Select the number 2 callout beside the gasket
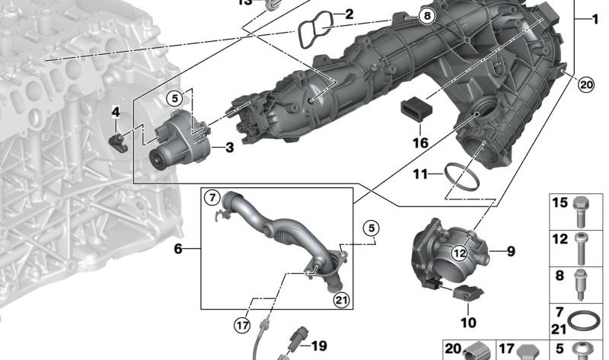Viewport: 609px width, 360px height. (349, 14)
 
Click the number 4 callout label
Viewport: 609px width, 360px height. (116, 113)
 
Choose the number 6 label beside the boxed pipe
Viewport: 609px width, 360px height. (178, 248)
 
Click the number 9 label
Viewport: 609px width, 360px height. (511, 250)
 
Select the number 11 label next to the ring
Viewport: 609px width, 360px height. (421, 174)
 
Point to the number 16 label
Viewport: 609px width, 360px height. (420, 142)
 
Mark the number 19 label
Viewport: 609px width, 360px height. (318, 346)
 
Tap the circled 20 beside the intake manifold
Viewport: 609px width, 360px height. (585, 85)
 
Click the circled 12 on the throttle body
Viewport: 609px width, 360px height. (458, 252)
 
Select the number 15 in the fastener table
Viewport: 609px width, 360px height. (560, 203)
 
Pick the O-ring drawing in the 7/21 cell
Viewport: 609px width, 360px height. (584, 320)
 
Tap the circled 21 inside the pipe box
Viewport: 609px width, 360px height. (341, 298)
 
